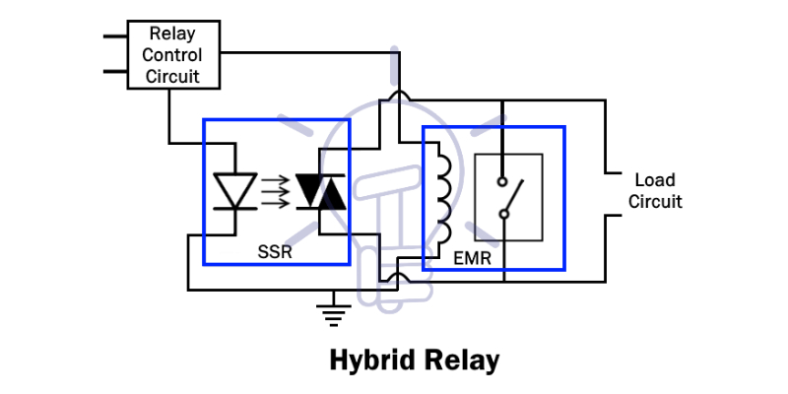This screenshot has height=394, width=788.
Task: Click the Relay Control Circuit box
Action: [172, 55]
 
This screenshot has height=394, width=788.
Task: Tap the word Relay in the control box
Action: [172, 34]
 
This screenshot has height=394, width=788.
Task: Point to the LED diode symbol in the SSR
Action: [235, 190]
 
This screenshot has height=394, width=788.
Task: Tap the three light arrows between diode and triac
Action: [278, 191]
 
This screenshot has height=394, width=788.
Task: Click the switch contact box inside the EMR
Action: [507, 198]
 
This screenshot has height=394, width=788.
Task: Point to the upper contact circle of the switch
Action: [502, 182]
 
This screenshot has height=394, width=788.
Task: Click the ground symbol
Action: [335, 313]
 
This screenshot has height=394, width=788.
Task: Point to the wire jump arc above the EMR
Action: [398, 97]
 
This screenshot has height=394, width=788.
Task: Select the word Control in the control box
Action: [172, 55]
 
